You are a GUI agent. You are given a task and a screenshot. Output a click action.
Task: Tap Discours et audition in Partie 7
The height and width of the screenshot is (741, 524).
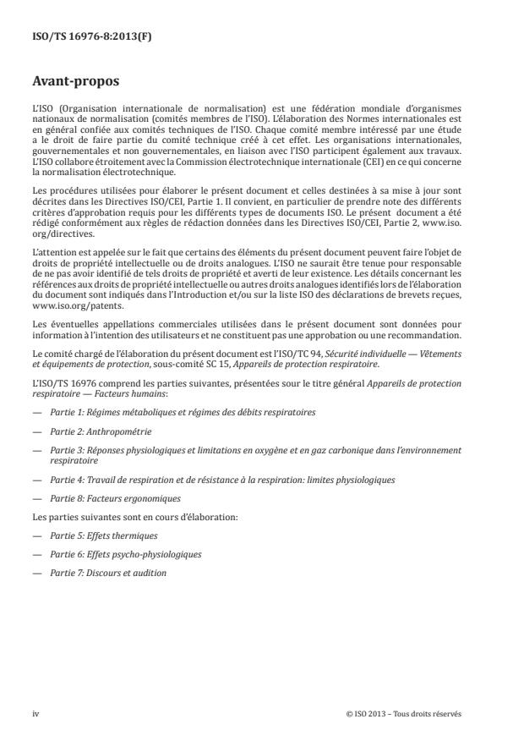click(114, 573)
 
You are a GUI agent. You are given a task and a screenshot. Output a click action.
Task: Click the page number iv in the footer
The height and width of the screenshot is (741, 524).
click(36, 713)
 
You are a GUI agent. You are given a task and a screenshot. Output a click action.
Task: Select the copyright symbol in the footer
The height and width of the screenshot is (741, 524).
click(349, 713)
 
